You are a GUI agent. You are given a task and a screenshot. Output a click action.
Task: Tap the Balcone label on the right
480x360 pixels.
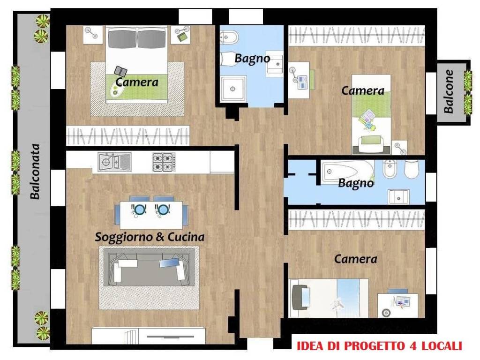pos(449,91)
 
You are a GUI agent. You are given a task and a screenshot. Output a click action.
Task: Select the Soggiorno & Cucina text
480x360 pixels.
pos(150,237)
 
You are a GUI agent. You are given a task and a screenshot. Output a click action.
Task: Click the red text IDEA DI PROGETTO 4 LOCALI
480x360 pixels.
pos(379,346)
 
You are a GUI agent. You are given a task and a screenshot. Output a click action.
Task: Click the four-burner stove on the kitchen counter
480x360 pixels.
pos(164,162)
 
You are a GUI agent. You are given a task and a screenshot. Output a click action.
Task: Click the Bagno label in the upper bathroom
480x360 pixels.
pos(252,59)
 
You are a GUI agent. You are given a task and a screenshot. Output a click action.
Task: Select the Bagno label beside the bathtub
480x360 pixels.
pos(356,183)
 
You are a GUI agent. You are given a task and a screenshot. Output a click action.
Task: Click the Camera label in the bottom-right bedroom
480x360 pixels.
pos(355,258)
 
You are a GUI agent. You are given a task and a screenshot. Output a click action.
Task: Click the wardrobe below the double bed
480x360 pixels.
pos(127,136)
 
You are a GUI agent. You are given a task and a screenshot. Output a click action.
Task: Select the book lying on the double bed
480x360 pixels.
pos(120,71)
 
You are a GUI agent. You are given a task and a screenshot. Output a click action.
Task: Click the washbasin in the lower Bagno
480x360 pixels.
pos(398,197)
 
